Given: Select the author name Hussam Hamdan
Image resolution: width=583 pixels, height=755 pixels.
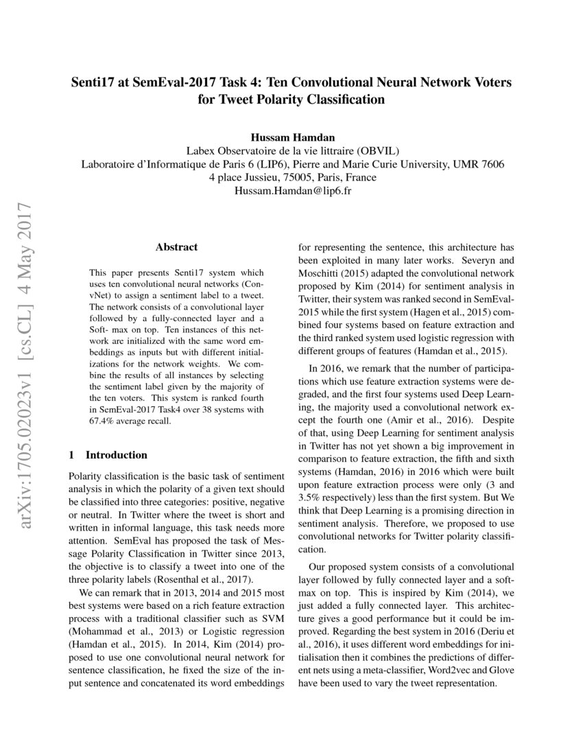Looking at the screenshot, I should click(291, 137).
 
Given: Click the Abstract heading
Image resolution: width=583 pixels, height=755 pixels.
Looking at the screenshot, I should click(176, 247).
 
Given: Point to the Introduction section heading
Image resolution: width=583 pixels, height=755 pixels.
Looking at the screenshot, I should click(115, 454).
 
